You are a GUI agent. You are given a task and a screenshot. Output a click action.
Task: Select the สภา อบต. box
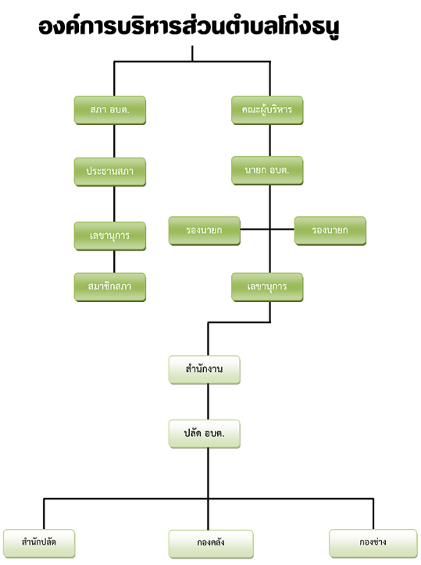click(x=110, y=110)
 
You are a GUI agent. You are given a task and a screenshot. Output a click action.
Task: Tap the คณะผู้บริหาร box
click(x=267, y=110)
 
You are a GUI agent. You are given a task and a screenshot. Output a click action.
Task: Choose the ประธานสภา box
click(x=110, y=172)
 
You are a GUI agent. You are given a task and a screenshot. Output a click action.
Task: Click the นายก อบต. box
click(x=267, y=171)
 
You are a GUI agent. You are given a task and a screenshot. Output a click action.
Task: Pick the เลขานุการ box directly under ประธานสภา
click(x=110, y=236)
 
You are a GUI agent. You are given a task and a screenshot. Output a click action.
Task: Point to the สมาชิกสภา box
click(x=110, y=287)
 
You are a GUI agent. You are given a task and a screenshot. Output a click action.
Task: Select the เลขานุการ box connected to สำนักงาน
click(x=267, y=287)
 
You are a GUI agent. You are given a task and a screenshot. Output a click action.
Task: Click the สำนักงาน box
click(x=205, y=370)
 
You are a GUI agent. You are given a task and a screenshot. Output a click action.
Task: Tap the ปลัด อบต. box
click(x=205, y=434)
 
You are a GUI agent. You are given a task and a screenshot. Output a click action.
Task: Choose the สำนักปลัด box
click(x=39, y=543)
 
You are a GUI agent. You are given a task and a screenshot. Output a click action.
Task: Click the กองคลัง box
click(x=211, y=544)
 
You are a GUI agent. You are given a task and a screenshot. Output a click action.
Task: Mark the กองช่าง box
click(x=373, y=543)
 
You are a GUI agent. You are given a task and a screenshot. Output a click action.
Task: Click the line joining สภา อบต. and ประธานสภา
click(x=114, y=141)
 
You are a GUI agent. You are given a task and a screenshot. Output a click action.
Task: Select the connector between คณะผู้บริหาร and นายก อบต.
click(x=269, y=140)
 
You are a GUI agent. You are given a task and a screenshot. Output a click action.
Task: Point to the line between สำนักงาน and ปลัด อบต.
click(x=208, y=402)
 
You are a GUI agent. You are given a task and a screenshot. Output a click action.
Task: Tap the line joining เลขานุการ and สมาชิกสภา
click(x=114, y=261)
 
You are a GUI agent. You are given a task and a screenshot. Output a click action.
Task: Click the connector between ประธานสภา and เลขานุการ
click(x=114, y=204)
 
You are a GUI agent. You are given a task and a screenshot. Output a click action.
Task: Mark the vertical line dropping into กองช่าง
click(x=373, y=513)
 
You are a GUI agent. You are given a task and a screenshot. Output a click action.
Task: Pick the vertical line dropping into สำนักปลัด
click(x=44, y=513)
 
